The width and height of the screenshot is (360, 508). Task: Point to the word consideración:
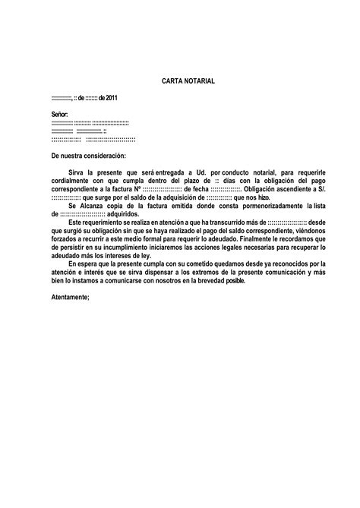tap(115, 155)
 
